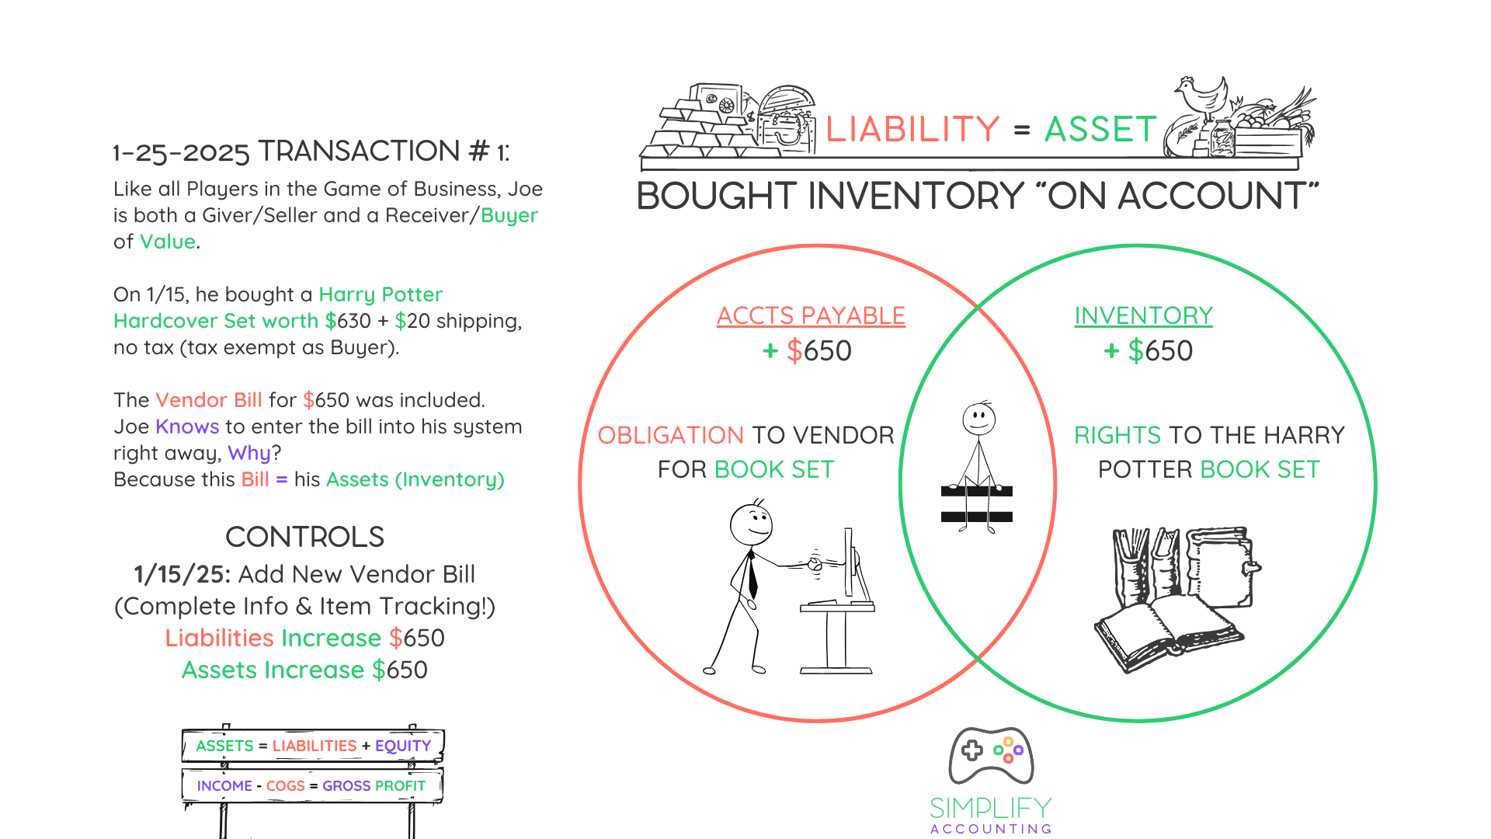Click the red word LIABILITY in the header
pos(912,129)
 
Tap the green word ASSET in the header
pos(1100,129)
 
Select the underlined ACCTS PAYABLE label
pos(811,315)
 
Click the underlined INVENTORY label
pos(1143,315)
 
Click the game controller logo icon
pos(991,754)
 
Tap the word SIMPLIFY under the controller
pos(991,808)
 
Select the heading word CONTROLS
pos(304,537)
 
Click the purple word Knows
pos(187,426)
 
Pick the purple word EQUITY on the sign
pos(403,746)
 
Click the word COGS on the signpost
pos(285,786)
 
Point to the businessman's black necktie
pos(752,575)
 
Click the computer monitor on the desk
pos(850,563)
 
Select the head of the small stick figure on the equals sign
pos(979,419)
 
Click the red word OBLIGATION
pos(670,435)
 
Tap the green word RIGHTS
pos(1117,435)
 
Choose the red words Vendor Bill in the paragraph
pos(209,400)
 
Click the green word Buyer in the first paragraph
pos(509,215)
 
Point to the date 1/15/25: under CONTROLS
pos(182,574)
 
